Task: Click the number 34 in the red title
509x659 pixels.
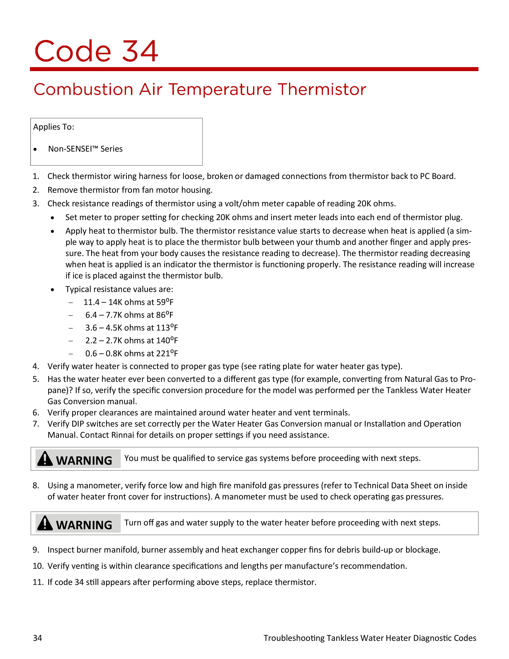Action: (140, 51)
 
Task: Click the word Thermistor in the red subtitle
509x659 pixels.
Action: (322, 90)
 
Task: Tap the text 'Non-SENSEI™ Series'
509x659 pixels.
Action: (85, 149)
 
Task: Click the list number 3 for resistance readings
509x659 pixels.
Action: (36, 204)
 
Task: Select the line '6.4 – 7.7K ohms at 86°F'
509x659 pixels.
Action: (129, 315)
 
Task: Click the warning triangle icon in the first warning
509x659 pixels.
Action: (45, 459)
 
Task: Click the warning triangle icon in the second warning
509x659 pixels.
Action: (45, 523)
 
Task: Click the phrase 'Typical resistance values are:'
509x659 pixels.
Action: (119, 289)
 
